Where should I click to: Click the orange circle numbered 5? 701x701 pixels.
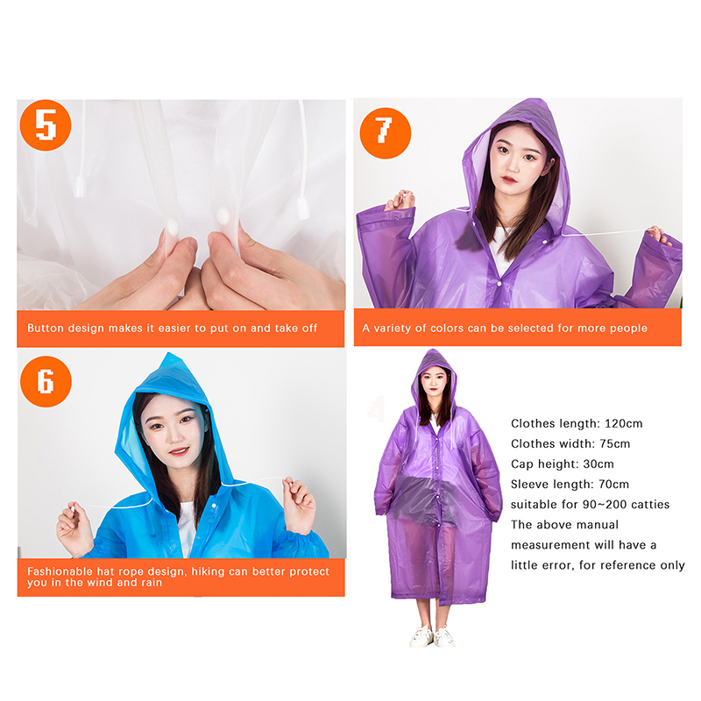[46, 125]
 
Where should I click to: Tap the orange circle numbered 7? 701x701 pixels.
[386, 133]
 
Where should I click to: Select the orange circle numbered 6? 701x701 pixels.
[46, 381]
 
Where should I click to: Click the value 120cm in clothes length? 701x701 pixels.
[624, 423]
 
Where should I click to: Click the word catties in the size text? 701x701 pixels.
[650, 505]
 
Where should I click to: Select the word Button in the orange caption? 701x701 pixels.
[41, 328]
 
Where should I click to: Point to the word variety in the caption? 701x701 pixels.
[393, 329]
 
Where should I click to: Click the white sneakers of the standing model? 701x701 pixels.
[432, 636]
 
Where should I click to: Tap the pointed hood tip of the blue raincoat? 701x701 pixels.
[169, 354]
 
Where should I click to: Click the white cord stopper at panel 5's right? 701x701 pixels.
[303, 209]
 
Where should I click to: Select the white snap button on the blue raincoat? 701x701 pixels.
[214, 506]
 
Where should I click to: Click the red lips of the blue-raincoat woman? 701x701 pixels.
[181, 450]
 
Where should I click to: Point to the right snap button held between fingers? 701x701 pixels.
[223, 216]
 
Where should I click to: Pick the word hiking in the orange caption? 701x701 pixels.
[208, 572]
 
